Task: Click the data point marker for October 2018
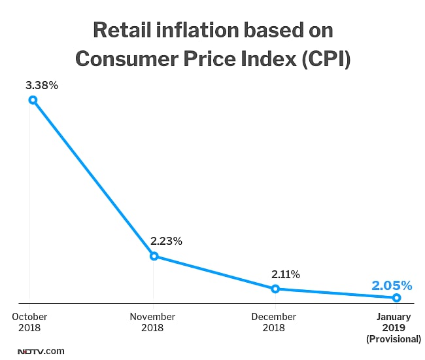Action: click(32, 100)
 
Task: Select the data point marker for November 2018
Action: click(154, 256)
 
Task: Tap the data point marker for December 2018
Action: click(275, 289)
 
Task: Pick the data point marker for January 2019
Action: click(396, 298)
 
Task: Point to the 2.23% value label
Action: click(166, 241)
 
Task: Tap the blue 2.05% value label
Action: click(392, 285)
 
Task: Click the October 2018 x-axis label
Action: click(29, 321)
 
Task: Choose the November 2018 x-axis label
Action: click(152, 321)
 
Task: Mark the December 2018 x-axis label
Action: click(275, 321)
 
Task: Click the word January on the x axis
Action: click(394, 317)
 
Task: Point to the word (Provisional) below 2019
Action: click(394, 338)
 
